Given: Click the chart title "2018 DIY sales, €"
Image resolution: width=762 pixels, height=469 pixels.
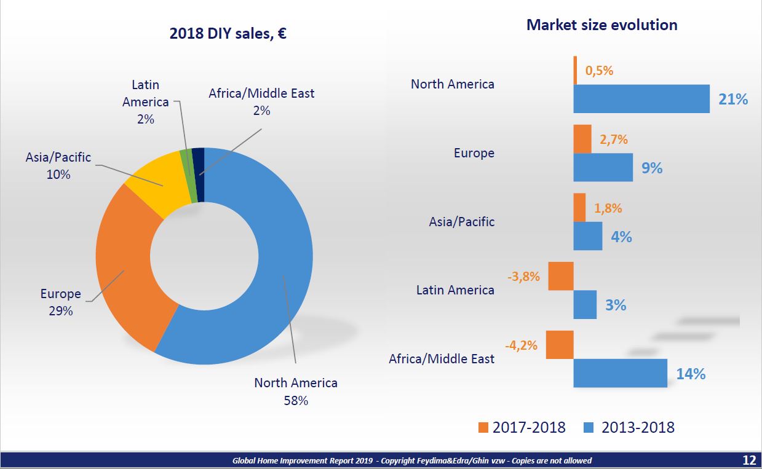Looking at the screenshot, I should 228,33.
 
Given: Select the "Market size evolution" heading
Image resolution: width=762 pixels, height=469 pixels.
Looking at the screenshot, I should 601,25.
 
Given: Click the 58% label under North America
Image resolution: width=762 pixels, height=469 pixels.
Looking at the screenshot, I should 296,401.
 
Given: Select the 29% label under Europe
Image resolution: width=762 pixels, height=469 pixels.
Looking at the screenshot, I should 61,311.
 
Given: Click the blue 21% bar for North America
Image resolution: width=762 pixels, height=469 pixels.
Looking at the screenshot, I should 641,99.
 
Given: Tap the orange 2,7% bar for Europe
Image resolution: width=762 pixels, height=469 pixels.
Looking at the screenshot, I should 582,140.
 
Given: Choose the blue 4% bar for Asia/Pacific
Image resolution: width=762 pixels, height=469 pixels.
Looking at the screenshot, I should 588,236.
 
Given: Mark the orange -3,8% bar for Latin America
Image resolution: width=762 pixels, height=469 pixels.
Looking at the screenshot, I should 561,276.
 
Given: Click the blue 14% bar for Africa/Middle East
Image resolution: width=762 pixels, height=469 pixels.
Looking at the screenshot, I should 621,373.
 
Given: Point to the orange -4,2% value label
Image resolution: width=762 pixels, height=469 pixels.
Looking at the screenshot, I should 522,345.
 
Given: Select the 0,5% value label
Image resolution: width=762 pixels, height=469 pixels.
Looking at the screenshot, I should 599,71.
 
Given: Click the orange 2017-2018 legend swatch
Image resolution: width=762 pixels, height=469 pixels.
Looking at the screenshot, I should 483,427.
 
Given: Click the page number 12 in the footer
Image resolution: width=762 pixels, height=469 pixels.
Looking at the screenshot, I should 749,460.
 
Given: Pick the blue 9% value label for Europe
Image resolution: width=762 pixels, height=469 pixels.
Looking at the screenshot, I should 652,168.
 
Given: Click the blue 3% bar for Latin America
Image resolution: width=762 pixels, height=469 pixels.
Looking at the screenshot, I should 585,304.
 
